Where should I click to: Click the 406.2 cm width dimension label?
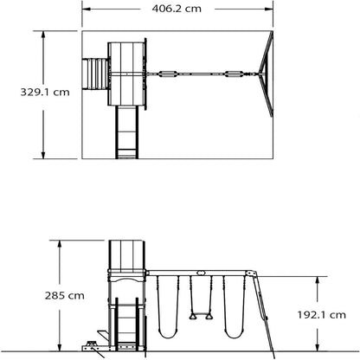tap(177, 9)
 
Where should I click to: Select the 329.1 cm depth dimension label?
tap(45, 93)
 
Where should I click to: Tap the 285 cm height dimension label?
tap(65, 296)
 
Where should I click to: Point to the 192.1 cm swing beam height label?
tap(321, 315)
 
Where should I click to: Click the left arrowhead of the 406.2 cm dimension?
tap(87, 9)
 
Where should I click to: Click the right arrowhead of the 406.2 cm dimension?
tap(269, 9)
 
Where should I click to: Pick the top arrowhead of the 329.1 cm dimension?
tap(43, 35)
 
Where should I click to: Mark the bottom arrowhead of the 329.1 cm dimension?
tap(43, 155)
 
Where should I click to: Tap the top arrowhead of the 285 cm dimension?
tap(60, 244)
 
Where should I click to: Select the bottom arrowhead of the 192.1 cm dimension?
tap(318, 348)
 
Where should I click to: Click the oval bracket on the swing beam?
tap(201, 273)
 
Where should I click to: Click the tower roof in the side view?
tap(127, 254)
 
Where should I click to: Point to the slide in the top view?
tap(127, 132)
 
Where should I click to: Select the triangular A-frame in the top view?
tap(266, 74)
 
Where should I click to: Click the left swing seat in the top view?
tap(168, 74)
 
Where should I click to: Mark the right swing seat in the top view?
tap(235, 74)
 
